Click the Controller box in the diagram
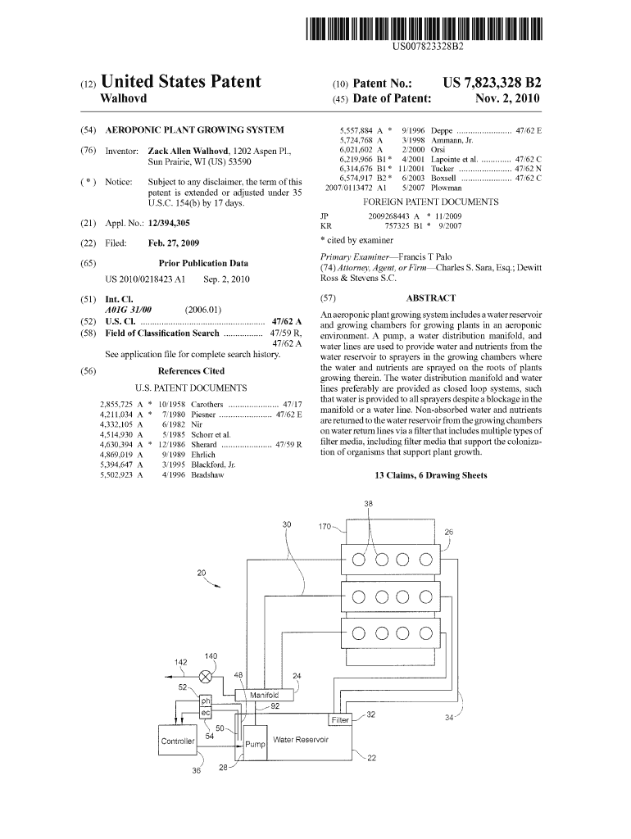(178, 741)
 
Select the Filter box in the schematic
(340, 720)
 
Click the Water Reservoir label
(301, 739)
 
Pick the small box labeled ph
(206, 701)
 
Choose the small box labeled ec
(206, 714)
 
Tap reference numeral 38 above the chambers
(368, 504)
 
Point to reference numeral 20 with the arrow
(201, 574)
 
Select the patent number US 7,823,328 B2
(492, 83)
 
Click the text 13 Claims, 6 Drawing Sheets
(430, 475)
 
